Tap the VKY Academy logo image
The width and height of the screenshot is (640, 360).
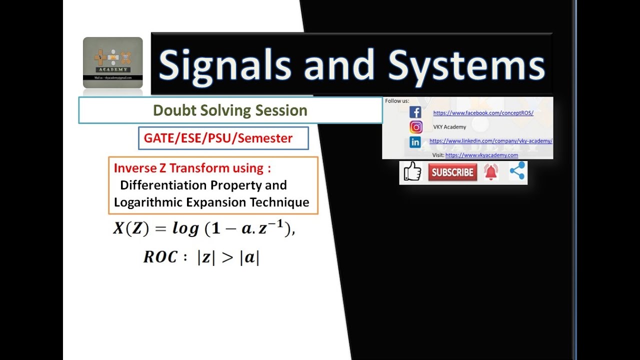[112, 62]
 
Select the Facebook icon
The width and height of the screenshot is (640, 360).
[415, 112]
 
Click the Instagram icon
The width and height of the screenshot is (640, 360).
[415, 127]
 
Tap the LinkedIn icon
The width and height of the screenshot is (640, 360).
[415, 142]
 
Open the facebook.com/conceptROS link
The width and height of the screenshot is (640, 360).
[483, 113]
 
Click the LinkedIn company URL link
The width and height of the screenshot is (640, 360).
[490, 141]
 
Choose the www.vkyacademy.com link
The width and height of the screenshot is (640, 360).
[481, 155]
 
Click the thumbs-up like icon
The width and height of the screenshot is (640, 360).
[412, 172]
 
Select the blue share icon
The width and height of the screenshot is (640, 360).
[517, 171]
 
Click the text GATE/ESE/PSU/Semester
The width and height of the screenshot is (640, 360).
[218, 138]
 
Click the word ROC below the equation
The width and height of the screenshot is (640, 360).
[160, 257]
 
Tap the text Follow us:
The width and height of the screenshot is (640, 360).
[397, 101]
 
